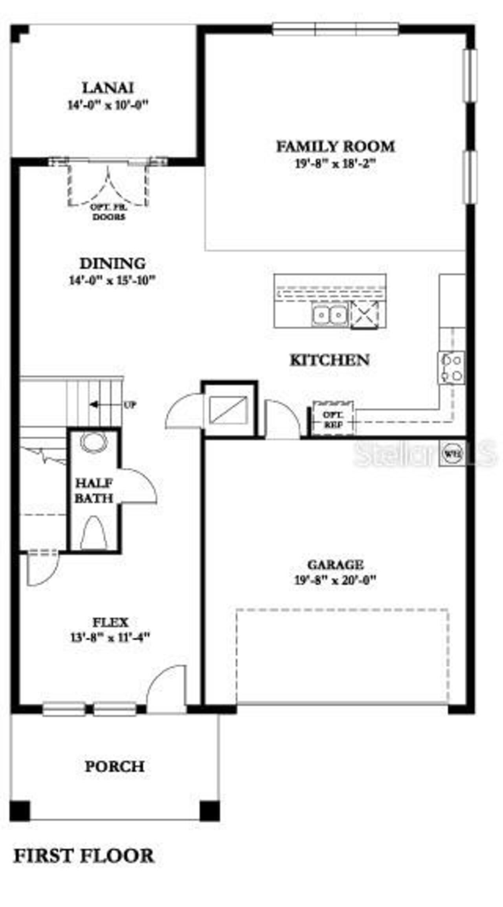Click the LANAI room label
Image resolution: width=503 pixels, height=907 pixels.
tap(108, 87)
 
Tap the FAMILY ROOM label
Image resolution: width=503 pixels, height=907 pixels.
tap(335, 146)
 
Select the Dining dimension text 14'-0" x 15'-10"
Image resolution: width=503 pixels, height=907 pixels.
tap(112, 281)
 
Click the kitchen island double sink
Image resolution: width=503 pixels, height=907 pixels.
tap(330, 314)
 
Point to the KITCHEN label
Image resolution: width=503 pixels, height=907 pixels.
tap(329, 360)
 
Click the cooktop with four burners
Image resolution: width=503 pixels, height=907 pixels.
tap(452, 367)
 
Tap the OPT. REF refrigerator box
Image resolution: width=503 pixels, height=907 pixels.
tap(333, 419)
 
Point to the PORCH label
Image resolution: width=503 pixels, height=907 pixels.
tap(114, 766)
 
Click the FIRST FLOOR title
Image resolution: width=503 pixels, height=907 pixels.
tap(84, 856)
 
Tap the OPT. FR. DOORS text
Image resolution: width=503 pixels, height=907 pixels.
tap(108, 212)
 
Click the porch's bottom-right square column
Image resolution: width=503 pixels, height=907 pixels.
tap(209, 811)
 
